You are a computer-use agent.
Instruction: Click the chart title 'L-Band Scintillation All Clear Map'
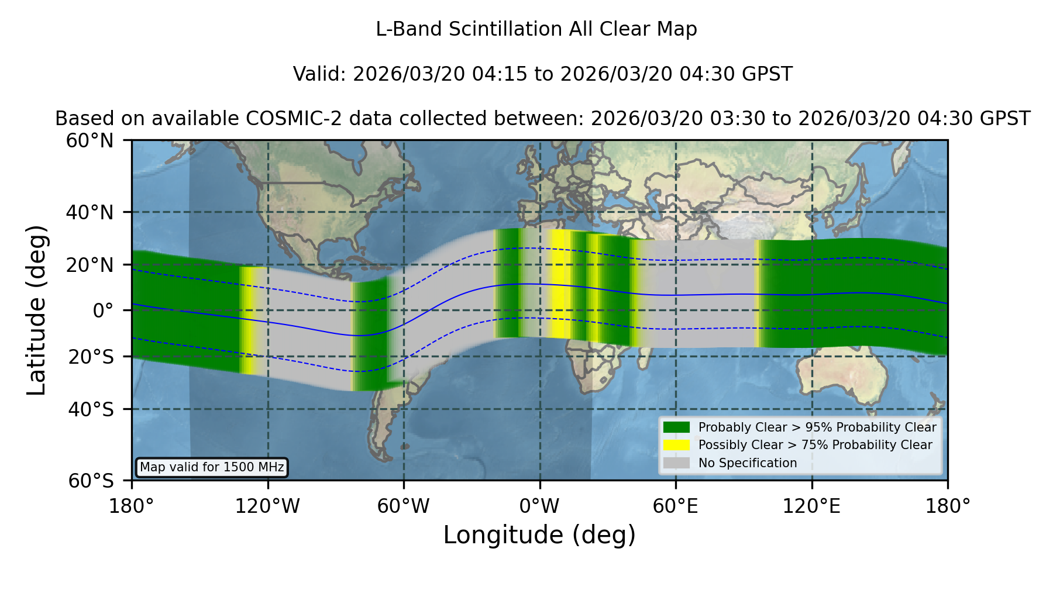[x=536, y=29]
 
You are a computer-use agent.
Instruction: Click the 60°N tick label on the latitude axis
[x=90, y=140]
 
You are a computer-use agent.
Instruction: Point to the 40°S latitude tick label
[x=91, y=409]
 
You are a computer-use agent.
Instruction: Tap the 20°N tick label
[x=90, y=265]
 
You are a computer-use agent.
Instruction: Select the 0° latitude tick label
[x=103, y=311]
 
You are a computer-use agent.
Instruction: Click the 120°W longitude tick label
[x=267, y=506]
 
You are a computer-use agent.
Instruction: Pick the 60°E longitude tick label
[x=676, y=506]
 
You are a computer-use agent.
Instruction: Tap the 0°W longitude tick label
[x=539, y=506]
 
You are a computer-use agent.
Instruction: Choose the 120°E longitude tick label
[x=811, y=506]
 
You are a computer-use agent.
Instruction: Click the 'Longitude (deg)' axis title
[x=539, y=535]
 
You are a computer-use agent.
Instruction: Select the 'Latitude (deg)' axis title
[x=36, y=310]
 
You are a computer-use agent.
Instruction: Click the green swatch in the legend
[x=677, y=427]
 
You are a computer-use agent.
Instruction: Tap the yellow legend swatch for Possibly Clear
[x=677, y=445]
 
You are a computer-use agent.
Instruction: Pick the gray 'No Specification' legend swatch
[x=677, y=463]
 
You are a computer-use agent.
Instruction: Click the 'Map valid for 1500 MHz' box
[x=212, y=467]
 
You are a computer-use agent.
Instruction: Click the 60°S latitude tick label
[x=91, y=481]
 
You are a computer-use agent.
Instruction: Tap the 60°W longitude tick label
[x=403, y=506]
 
